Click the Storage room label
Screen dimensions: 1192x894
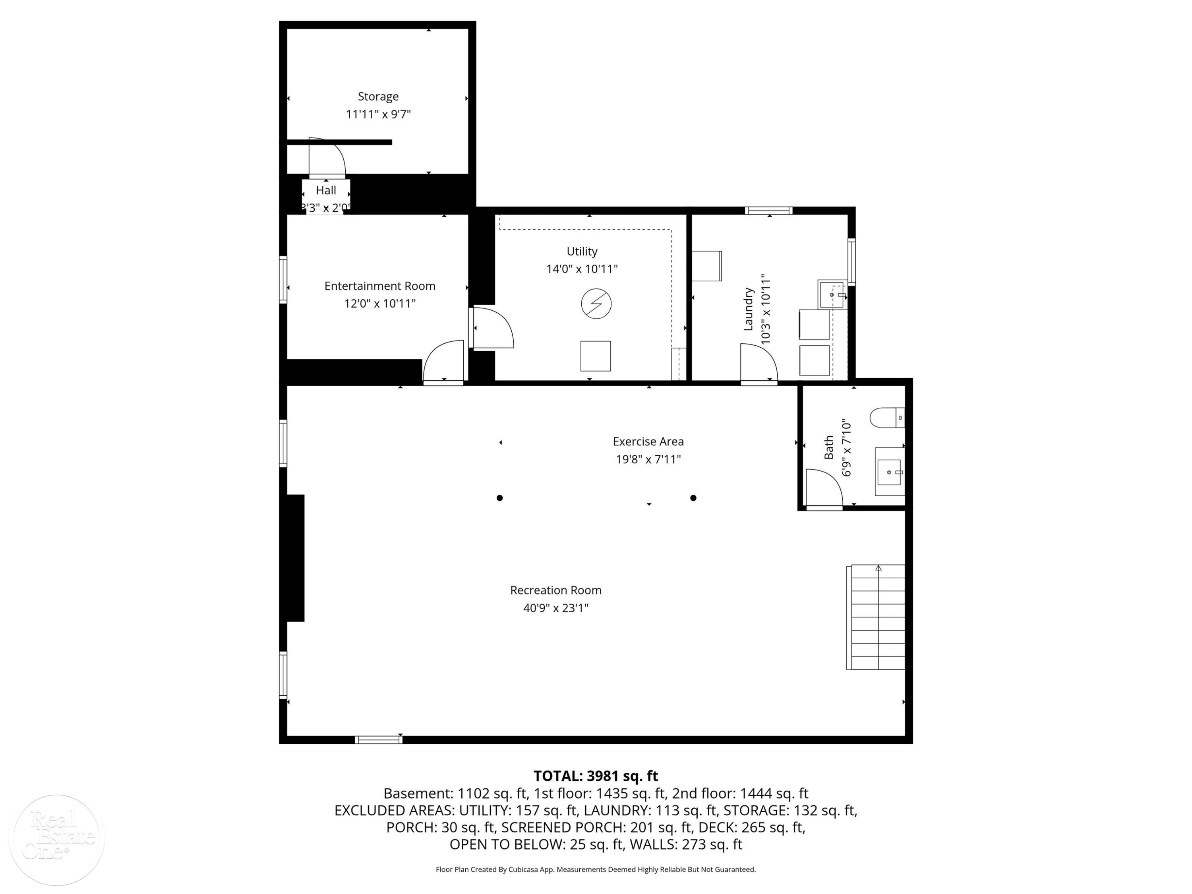click(378, 97)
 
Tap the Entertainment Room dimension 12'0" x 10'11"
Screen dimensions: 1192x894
click(380, 304)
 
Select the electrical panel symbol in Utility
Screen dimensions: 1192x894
click(596, 304)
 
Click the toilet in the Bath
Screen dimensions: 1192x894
click(887, 418)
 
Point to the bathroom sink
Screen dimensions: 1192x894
click(889, 472)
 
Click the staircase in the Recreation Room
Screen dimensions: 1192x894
click(876, 617)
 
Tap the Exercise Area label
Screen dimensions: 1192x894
click(648, 441)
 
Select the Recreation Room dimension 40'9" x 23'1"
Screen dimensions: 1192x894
click(555, 608)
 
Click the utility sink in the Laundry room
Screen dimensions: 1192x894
click(832, 294)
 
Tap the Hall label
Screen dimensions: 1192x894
click(326, 190)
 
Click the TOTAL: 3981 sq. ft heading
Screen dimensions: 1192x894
click(596, 776)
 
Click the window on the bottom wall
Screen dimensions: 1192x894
click(378, 740)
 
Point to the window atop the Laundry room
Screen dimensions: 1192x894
click(768, 211)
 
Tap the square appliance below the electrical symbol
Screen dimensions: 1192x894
click(596, 356)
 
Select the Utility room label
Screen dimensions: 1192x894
click(582, 251)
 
